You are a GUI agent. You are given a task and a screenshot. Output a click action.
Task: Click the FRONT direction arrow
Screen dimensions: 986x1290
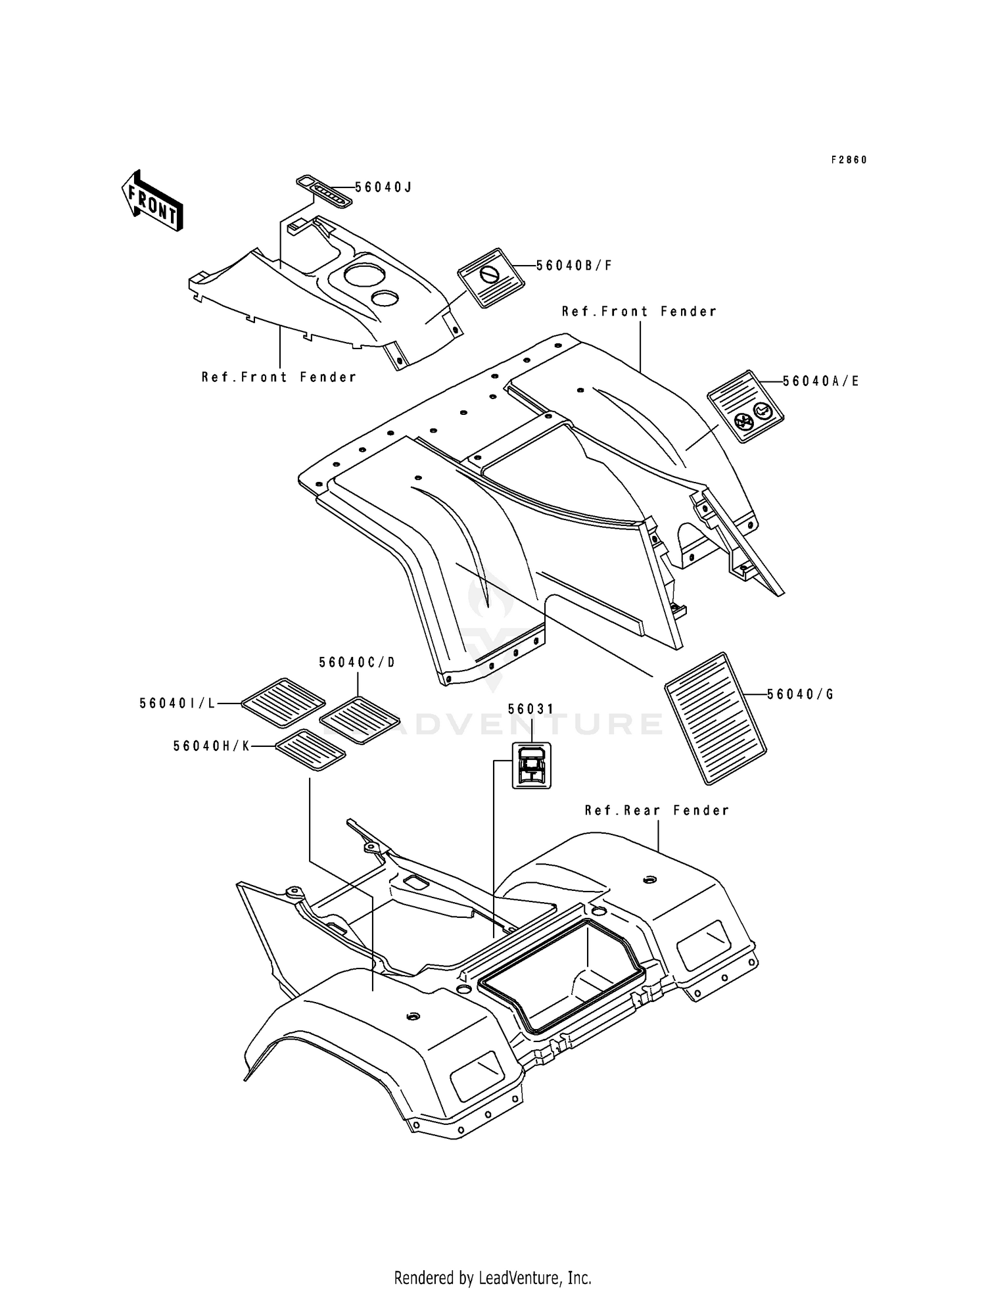pyautogui.click(x=152, y=201)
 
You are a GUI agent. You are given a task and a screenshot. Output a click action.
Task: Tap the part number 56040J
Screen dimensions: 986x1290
pyautogui.click(x=383, y=187)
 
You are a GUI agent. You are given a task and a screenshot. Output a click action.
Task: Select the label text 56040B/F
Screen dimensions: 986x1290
pyautogui.click(x=575, y=266)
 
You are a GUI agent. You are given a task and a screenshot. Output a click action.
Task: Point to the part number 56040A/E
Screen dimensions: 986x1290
pyautogui.click(x=821, y=381)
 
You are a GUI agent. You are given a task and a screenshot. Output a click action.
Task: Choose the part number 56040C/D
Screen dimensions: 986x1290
pyautogui.click(x=358, y=662)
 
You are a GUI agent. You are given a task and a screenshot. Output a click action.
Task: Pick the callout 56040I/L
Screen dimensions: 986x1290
pyautogui.click(x=177, y=704)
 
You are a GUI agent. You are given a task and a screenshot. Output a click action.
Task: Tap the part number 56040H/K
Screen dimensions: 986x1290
pyautogui.click(x=212, y=746)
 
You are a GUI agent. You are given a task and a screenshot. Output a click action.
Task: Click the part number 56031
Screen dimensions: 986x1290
pyautogui.click(x=531, y=709)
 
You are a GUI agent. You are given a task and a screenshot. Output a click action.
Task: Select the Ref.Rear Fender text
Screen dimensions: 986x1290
pyautogui.click(x=657, y=811)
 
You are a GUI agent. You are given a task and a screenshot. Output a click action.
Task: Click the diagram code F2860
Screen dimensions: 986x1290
pyautogui.click(x=849, y=160)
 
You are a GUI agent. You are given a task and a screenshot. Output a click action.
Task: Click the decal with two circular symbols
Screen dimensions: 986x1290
pyautogui.click(x=745, y=406)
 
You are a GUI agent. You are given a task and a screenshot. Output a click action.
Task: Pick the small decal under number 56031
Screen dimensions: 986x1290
pyautogui.click(x=532, y=765)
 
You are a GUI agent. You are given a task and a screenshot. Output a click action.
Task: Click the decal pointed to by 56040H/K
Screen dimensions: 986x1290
pyautogui.click(x=310, y=750)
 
